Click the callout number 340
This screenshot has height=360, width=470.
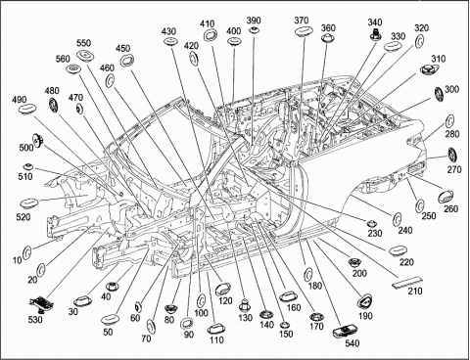coord(375,22)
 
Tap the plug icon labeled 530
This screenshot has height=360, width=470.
coord(42,304)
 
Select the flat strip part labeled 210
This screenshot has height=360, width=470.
coord(407,283)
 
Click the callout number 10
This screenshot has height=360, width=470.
coord(18,260)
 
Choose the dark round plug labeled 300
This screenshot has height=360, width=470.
coord(439,94)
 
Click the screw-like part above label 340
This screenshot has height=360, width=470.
coord(376,35)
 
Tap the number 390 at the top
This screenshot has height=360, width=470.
coord(254,21)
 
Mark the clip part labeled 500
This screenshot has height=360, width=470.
coord(37,140)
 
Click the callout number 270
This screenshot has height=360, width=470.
coord(454,169)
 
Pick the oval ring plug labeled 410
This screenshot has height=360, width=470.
coord(211,35)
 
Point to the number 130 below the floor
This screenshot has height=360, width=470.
coord(245,317)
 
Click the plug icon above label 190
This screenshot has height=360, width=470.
coord(364,301)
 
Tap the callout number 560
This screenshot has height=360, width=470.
coord(63,59)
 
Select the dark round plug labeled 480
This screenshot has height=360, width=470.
coord(53,105)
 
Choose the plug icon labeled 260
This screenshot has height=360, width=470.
coord(446,196)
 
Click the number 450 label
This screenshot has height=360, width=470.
coord(122,48)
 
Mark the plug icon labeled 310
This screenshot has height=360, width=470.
coord(427,69)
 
